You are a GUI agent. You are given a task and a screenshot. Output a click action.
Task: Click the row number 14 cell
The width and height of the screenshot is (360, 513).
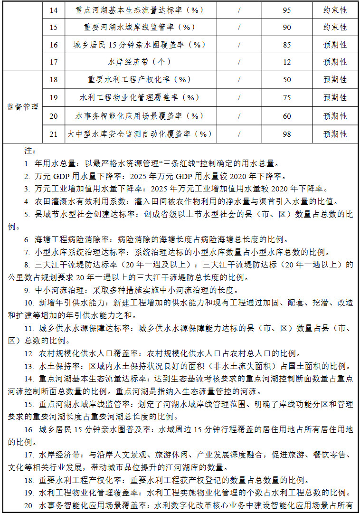pyautogui.click(x=53, y=9)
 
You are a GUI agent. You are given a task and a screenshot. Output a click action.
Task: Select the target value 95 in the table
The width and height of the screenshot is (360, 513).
pyautogui.click(x=287, y=9)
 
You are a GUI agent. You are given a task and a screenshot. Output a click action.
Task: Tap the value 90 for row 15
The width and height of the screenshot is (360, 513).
pyautogui.click(x=287, y=27)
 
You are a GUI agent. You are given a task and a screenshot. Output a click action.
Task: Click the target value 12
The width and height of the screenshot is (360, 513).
pyautogui.click(x=287, y=62)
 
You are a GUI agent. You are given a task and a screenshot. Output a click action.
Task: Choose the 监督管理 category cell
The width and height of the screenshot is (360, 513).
pyautogui.click(x=22, y=107)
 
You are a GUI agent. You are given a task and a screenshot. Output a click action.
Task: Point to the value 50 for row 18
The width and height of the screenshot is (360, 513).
pyautogui.click(x=287, y=80)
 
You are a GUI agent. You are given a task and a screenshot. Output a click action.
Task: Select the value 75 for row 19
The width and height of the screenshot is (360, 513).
pyautogui.click(x=287, y=98)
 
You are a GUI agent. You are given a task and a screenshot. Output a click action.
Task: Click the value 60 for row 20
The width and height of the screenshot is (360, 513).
pyautogui.click(x=287, y=116)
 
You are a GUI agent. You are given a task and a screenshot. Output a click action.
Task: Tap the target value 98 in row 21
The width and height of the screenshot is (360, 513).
pyautogui.click(x=287, y=134)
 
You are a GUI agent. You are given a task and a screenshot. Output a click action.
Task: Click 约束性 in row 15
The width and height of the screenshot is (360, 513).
pyautogui.click(x=335, y=27)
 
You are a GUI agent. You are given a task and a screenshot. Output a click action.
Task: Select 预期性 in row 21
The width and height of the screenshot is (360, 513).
pyautogui.click(x=335, y=134)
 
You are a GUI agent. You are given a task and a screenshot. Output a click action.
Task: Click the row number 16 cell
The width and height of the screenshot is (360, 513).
pyautogui.click(x=53, y=45)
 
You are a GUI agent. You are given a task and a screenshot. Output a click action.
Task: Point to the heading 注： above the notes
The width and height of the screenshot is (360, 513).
pyautogui.click(x=29, y=151)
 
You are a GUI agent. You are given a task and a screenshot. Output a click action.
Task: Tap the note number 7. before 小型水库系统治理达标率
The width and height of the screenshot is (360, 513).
pyautogui.click(x=27, y=252)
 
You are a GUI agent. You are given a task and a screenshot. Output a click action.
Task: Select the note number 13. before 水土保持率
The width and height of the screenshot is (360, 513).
pyautogui.click(x=28, y=366)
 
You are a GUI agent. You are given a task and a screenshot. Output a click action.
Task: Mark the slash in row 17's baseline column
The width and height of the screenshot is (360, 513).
pyautogui.click(x=239, y=62)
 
